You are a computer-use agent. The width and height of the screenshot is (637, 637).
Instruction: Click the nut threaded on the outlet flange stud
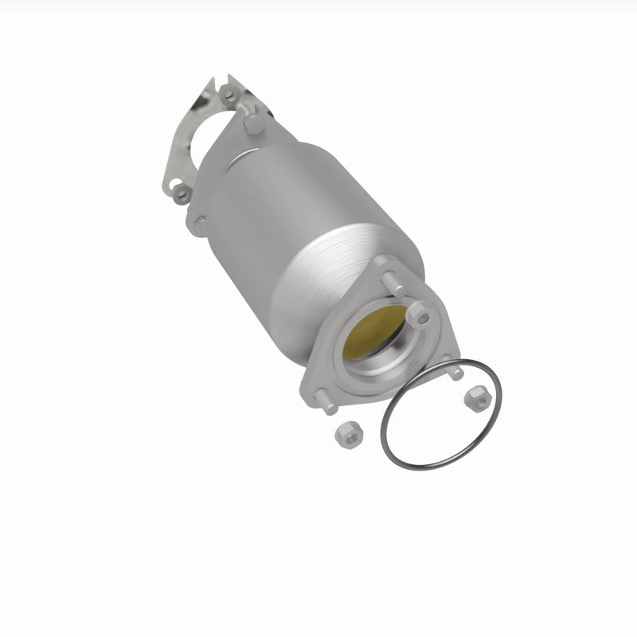point(419,316)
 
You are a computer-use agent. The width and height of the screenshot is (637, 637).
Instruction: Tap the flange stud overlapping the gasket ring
point(454,372)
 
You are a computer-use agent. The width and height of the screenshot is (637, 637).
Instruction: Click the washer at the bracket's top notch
point(229,94)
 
